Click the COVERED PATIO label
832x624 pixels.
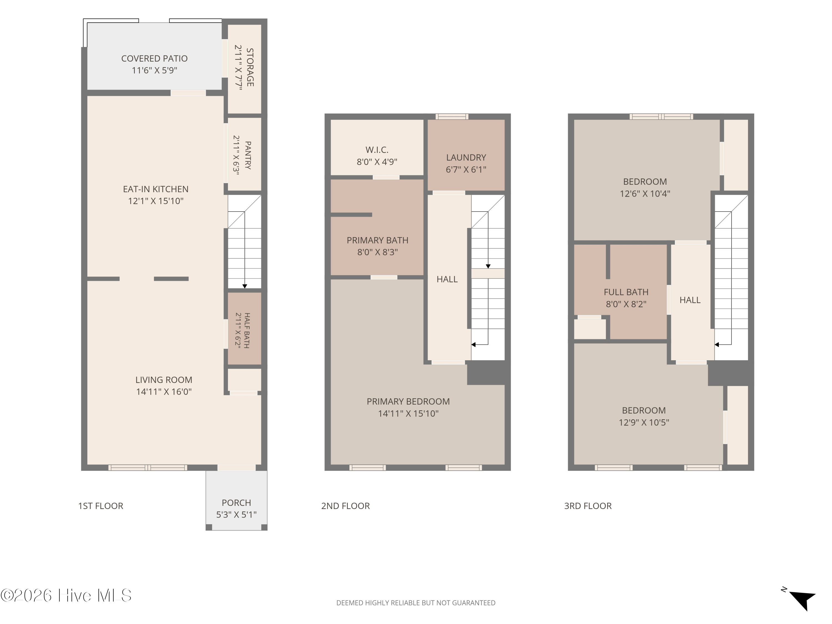click(154, 59)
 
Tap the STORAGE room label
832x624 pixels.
click(250, 67)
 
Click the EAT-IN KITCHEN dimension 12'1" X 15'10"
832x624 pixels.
click(156, 201)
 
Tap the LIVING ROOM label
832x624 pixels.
click(164, 380)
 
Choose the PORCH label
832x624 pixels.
click(236, 503)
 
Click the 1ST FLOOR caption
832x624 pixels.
click(101, 506)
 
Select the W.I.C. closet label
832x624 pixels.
click(377, 150)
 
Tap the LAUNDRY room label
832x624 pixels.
click(466, 158)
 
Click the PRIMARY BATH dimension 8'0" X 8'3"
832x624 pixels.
click(377, 252)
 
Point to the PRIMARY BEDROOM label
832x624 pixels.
click(408, 401)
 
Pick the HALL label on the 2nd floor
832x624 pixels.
click(447, 279)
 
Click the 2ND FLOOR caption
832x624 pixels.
click(345, 506)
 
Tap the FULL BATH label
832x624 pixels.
click(626, 292)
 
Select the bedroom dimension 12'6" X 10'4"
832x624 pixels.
click(645, 194)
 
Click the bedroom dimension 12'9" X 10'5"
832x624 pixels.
click(644, 422)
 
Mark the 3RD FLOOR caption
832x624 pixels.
click(588, 506)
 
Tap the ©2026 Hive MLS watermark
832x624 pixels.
click(66, 595)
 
